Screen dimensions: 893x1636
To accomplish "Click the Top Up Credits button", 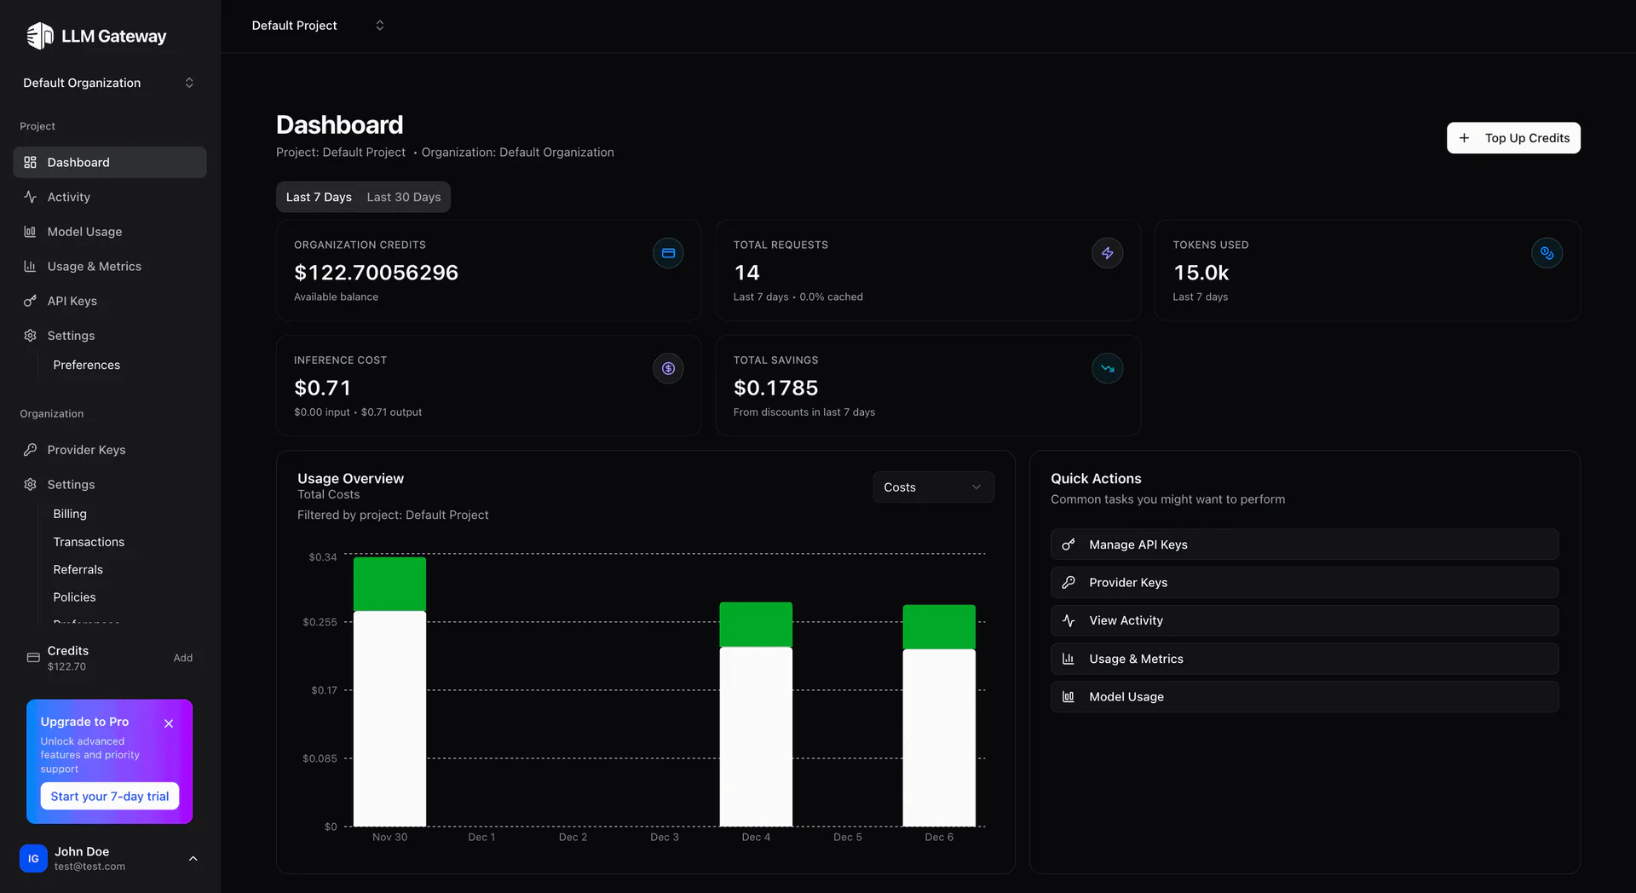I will pos(1513,138).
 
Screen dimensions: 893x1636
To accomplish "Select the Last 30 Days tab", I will pos(403,197).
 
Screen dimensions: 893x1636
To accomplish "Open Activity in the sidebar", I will pos(68,197).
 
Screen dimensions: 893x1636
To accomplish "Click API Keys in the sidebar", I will pos(72,301).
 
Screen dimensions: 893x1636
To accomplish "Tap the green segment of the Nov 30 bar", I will pos(389,584).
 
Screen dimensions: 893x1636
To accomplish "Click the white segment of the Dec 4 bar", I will pos(756,736).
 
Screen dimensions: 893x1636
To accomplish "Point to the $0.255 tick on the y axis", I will pos(320,622).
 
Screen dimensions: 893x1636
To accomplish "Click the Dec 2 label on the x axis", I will pos(573,837).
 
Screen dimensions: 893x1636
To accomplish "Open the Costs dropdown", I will pos(933,487).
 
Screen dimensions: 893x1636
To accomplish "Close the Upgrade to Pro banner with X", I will pos(169,723).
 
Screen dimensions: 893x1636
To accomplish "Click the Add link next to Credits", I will pos(182,658).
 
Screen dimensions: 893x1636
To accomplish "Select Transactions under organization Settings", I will pos(89,542).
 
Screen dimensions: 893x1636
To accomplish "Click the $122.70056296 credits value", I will pos(376,273).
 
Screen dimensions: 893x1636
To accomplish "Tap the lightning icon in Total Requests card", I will pos(1107,253).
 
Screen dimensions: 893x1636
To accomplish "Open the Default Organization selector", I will pos(108,83).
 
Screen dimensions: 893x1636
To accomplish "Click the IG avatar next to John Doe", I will pos(33,858).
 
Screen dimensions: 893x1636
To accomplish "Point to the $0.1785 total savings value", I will pos(775,388).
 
